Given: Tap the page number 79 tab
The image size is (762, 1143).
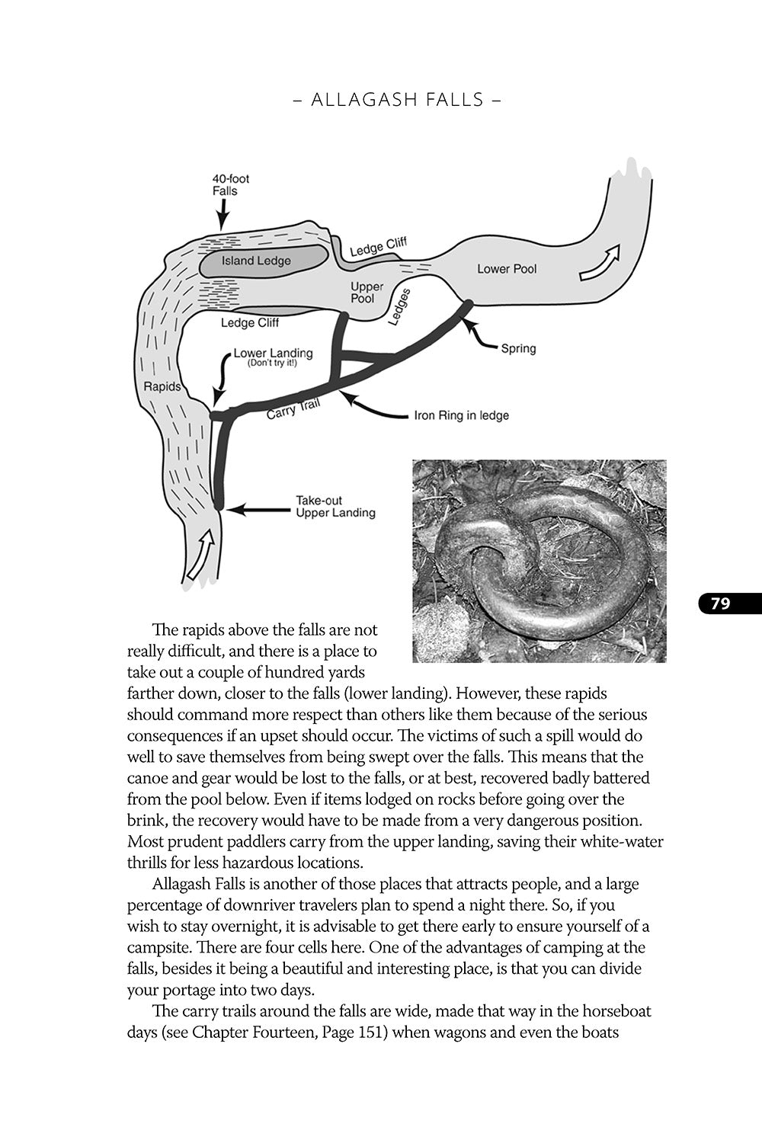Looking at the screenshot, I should tap(722, 604).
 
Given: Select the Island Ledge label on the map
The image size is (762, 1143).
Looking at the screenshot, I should tap(256, 261).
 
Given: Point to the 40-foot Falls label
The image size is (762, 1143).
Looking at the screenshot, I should tap(230, 185).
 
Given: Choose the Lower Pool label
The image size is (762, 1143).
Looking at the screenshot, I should tap(507, 268).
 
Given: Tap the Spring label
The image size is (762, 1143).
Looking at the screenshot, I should tap(518, 348).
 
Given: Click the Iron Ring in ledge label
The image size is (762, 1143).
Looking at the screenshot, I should tap(461, 415).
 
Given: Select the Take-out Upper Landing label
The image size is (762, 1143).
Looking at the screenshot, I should tap(335, 507).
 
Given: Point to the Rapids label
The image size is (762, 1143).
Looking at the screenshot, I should tap(162, 386).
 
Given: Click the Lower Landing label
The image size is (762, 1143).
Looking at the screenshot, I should tap(273, 354).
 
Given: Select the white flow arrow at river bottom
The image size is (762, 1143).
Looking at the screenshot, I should tap(199, 555).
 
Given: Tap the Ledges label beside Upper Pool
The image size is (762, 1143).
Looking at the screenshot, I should tap(400, 306).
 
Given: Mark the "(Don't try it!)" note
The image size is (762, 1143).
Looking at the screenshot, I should tap(272, 363).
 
